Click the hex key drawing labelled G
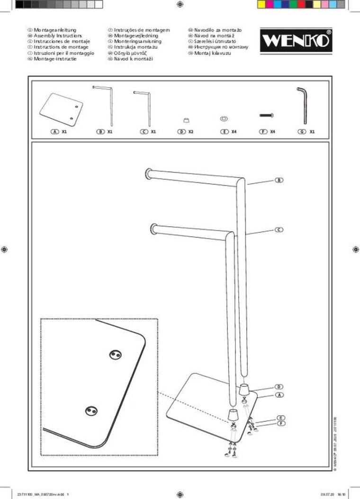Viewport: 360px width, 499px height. tap(301, 105)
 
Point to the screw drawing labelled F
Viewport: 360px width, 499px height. tap(267, 115)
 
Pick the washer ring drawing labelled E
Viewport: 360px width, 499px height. tap(224, 117)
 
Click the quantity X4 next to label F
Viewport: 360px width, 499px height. tap(272, 132)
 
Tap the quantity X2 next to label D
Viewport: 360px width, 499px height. tap(190, 132)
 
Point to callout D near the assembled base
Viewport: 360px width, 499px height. tap(279, 387)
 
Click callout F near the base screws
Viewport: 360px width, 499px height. tap(281, 423)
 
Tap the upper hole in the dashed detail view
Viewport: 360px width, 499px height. tap(115, 354)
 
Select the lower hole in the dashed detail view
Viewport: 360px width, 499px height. tap(90, 412)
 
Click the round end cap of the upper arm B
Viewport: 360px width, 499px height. tap(148, 174)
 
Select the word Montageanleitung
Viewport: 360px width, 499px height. tap(55, 30)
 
